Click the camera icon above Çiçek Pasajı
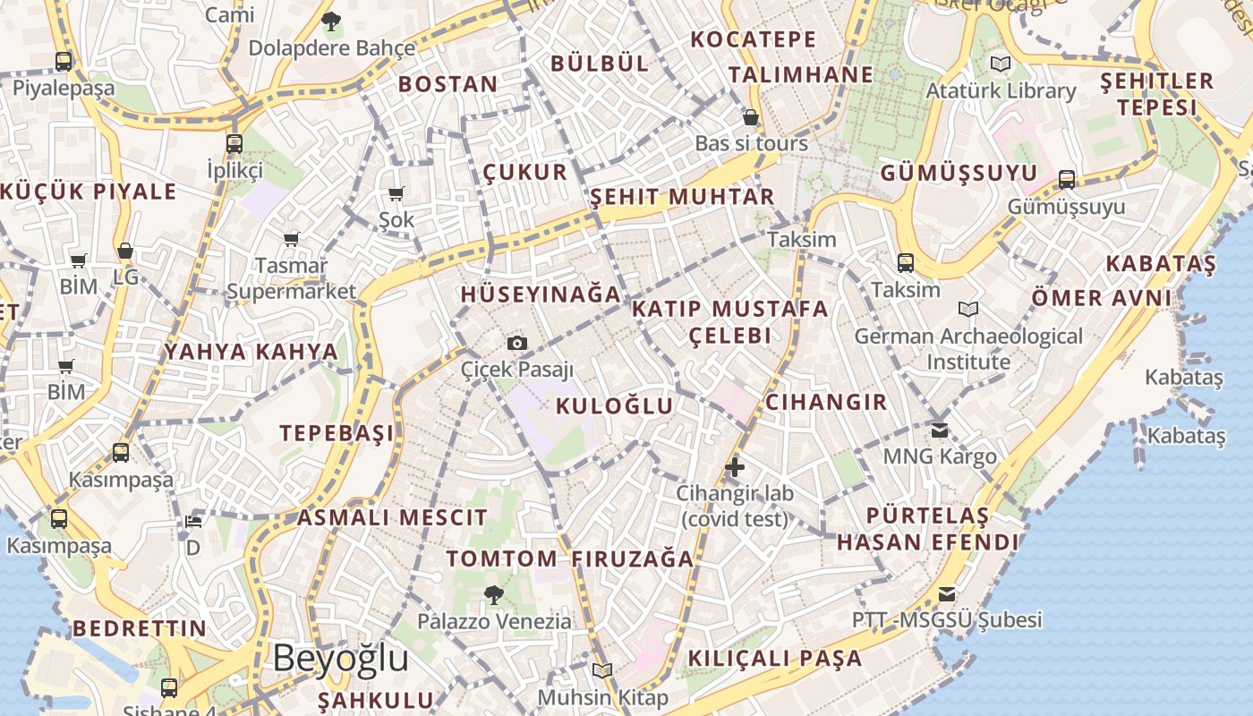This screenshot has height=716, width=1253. click(517, 343)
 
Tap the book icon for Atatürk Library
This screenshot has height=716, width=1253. click(1000, 64)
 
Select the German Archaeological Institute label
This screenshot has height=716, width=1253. click(968, 349)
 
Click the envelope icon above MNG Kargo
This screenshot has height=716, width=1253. click(939, 430)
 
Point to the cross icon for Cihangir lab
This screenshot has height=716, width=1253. click(735, 466)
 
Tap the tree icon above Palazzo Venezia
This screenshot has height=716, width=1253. click(493, 594)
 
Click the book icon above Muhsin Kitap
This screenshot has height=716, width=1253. click(602, 670)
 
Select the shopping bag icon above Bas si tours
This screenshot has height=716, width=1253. click(751, 117)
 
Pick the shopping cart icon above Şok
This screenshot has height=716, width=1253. click(396, 193)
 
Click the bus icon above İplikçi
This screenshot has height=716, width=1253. click(234, 143)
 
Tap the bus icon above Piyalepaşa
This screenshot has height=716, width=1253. click(64, 62)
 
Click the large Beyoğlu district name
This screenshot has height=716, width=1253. click(340, 658)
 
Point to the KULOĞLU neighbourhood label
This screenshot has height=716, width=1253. click(614, 405)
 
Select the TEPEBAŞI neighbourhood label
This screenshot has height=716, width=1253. click(337, 433)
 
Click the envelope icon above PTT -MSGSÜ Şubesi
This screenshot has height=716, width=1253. click(946, 593)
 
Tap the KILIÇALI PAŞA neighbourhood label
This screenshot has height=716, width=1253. click(775, 659)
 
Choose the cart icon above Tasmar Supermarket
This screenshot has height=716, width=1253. click(291, 239)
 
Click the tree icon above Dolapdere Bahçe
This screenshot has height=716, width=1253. click(331, 21)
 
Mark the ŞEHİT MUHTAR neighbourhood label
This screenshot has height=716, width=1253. click(682, 197)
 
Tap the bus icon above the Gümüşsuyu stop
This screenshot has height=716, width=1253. click(1066, 179)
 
